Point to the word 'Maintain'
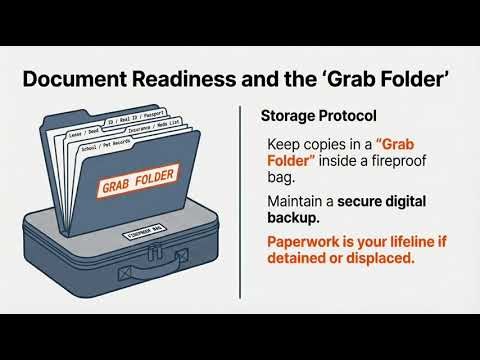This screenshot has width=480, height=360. point(297,202)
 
